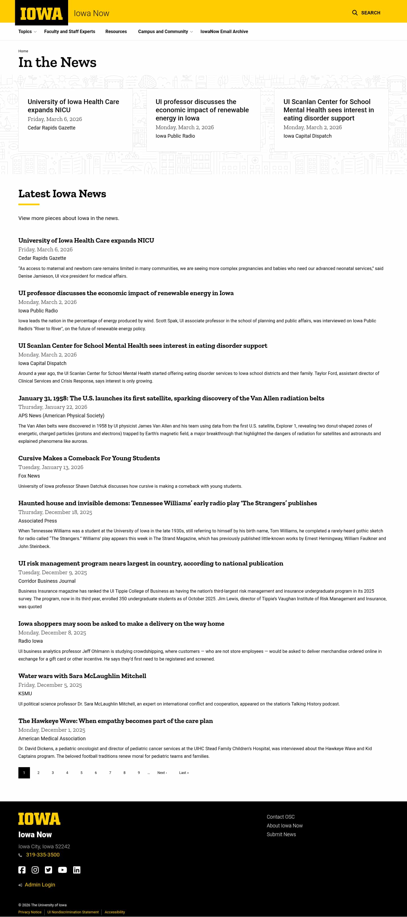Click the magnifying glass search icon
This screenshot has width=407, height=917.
pos(355,13)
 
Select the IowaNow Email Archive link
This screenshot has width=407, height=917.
pos(224,32)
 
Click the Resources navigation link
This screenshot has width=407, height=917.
pos(116,32)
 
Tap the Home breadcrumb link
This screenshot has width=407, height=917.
pos(23,51)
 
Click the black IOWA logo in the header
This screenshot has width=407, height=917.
pos(41,14)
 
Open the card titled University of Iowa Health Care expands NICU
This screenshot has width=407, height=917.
pos(73,106)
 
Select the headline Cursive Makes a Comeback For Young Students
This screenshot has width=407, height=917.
pos(89,458)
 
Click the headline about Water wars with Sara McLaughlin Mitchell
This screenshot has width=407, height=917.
pos(82,676)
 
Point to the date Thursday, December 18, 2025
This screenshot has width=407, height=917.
pos(55,512)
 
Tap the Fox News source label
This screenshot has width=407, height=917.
pos(29,476)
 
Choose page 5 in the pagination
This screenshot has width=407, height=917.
pos(81,773)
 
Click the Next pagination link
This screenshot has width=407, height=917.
pos(162,773)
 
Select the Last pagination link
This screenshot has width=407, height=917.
pos(184,773)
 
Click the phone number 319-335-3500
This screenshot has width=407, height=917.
pos(43,855)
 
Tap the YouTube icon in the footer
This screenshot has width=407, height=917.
pos(62,870)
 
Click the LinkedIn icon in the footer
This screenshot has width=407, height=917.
pos(77,870)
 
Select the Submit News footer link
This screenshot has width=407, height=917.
pos(281,834)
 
